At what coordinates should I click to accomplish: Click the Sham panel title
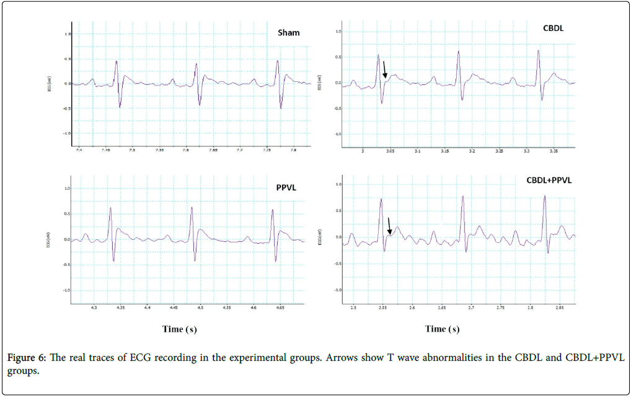pyautogui.click(x=288, y=32)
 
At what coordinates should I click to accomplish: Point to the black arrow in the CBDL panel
pyautogui.click(x=384, y=69)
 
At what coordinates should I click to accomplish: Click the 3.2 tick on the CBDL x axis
pyautogui.click(x=472, y=151)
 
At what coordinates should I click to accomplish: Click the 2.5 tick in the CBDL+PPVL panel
pyautogui.click(x=353, y=307)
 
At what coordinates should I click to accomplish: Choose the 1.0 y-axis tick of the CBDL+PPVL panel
pyautogui.click(x=338, y=184)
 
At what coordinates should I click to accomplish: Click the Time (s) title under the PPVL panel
pyautogui.click(x=180, y=329)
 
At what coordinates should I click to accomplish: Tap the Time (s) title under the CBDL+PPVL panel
pyautogui.click(x=442, y=329)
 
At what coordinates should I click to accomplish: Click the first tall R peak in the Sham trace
pyautogui.click(x=116, y=61)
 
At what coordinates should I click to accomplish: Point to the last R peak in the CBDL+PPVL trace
pyautogui.click(x=545, y=197)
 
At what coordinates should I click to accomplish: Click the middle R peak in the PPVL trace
pyautogui.click(x=192, y=208)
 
